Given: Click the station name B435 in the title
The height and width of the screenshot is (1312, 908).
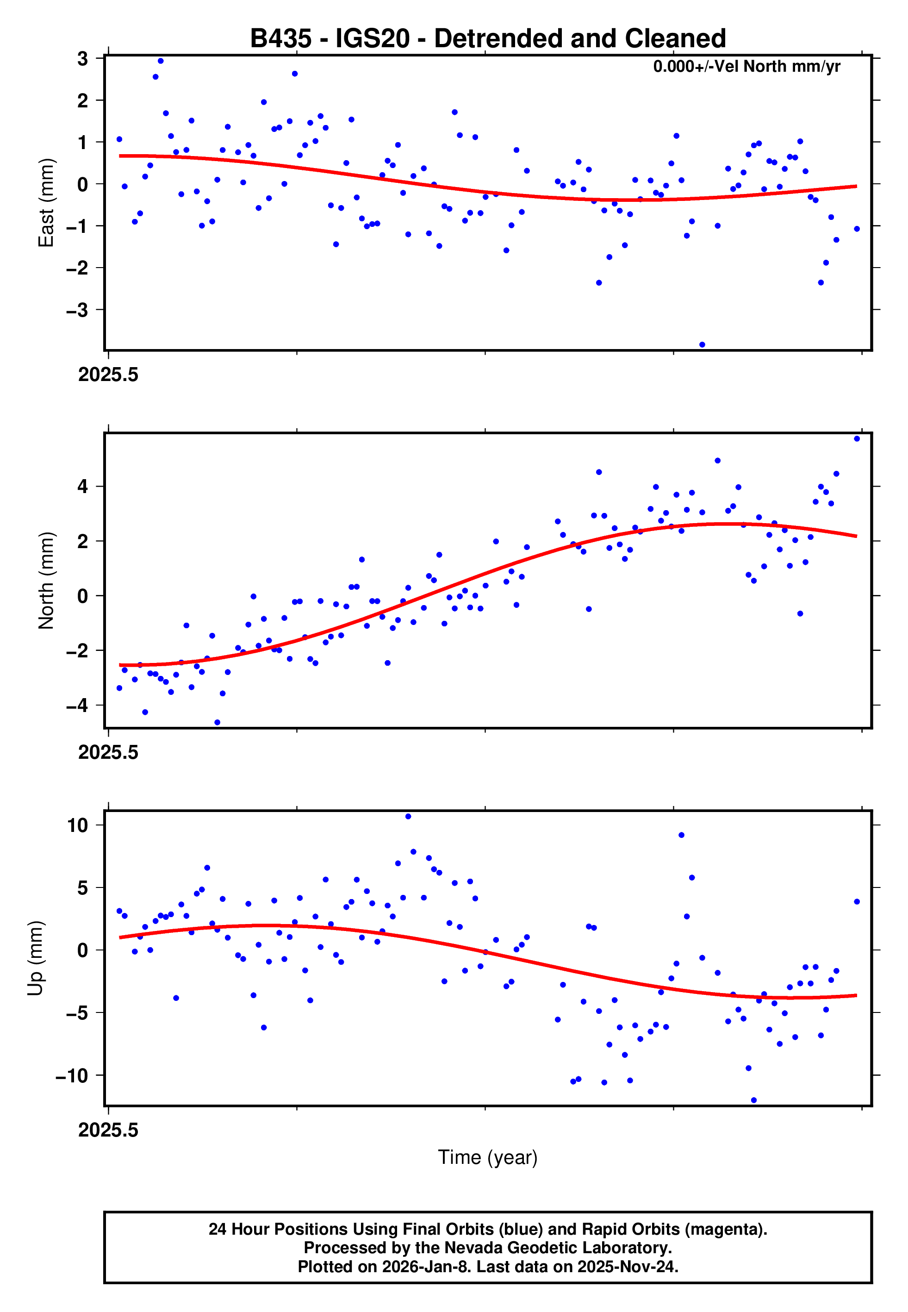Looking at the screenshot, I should tap(280, 39).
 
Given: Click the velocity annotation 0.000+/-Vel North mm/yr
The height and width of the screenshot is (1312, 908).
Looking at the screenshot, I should tap(746, 67).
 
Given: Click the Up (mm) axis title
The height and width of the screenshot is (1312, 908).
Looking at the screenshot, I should tap(35, 958).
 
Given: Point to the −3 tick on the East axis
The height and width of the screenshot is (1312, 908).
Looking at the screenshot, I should tap(77, 310).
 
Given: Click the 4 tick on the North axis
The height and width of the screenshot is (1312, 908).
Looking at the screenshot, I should tap(83, 487).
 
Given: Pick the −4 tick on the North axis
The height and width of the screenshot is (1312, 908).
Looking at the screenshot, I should tap(77, 706).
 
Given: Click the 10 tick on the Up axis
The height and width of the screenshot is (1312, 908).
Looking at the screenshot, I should tap(77, 825).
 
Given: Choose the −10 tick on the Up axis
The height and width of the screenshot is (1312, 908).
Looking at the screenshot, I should tap(72, 1075).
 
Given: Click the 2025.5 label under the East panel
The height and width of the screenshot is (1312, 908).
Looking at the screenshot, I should tap(108, 375).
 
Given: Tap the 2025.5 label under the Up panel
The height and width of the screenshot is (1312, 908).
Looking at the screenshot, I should tap(108, 1130).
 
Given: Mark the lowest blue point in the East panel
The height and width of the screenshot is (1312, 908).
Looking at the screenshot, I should tap(702, 345).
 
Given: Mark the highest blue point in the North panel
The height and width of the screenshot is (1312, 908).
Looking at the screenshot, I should tap(856, 439).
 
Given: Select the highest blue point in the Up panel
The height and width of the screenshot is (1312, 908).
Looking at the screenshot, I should tap(408, 817).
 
